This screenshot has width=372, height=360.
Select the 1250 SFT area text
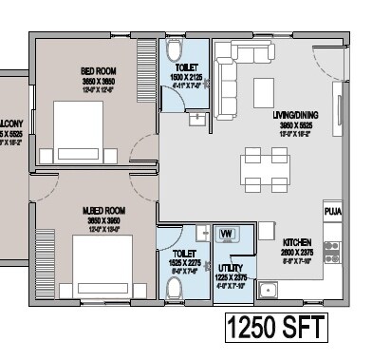(276, 329)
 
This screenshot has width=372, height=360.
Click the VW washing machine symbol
(228, 233)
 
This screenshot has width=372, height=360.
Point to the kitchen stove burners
(331, 250)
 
